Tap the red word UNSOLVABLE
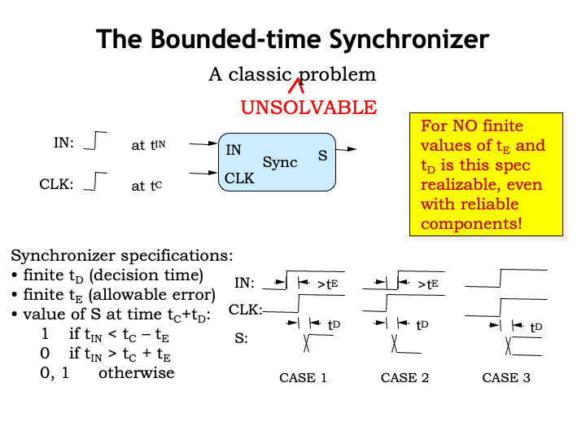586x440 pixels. [308, 108]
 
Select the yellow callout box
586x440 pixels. [486, 175]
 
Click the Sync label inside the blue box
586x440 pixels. [279, 163]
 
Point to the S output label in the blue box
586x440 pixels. [322, 155]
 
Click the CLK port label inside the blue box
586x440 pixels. [240, 178]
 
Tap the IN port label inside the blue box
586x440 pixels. [234, 150]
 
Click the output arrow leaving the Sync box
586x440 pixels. [347, 149]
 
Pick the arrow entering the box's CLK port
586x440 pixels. [201, 173]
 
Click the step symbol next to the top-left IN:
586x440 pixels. [96, 142]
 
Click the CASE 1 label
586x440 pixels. [303, 378]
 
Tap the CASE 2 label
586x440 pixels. [405, 378]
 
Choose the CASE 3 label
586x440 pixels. [506, 378]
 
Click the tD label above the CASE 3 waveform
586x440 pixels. [536, 328]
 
